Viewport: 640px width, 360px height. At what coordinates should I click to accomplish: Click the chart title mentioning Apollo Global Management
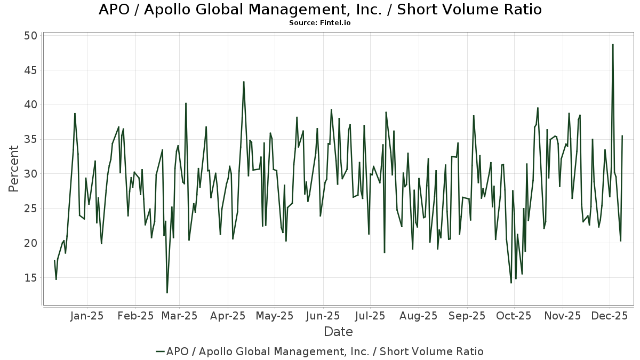pyautogui.click(x=320, y=10)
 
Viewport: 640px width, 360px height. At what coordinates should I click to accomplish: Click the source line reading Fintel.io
pyautogui.click(x=320, y=23)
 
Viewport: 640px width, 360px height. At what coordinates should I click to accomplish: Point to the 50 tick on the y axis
pyautogui.click(x=30, y=36)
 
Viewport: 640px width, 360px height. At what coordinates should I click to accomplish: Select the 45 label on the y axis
pyautogui.click(x=30, y=70)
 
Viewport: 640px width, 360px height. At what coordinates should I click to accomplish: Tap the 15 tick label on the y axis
pyautogui.click(x=30, y=278)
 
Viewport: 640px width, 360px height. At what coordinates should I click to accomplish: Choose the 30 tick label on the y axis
pyautogui.click(x=30, y=174)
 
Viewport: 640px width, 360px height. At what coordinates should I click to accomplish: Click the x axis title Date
pyautogui.click(x=338, y=332)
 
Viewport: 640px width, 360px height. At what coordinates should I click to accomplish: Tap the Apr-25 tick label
pyautogui.click(x=228, y=316)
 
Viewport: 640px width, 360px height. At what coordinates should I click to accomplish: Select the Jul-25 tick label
pyautogui.click(x=370, y=316)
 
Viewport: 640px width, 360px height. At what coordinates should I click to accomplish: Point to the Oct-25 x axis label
pyautogui.click(x=514, y=316)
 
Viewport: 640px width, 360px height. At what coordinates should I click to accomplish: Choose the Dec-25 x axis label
pyautogui.click(x=610, y=316)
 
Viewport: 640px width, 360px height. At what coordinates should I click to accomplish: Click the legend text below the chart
pyautogui.click(x=325, y=351)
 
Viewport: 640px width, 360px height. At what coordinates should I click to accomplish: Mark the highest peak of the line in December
pyautogui.click(x=613, y=44)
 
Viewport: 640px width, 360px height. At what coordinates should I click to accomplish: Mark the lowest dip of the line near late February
pyautogui.click(x=167, y=293)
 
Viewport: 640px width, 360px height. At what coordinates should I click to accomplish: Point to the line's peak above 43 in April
pyautogui.click(x=244, y=82)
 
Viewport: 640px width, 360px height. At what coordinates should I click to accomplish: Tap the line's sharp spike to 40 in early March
pyautogui.click(x=186, y=103)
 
